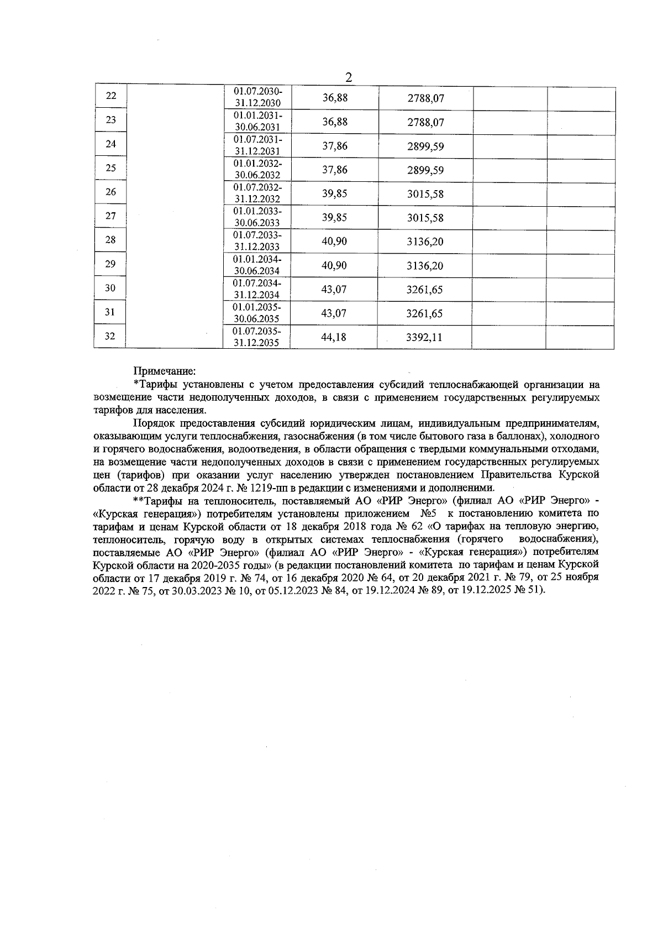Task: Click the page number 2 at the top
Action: click(349, 77)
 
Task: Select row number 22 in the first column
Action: click(111, 96)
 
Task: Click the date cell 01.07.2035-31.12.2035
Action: click(257, 337)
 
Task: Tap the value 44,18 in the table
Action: click(334, 337)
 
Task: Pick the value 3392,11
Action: click(424, 337)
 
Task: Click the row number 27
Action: click(110, 216)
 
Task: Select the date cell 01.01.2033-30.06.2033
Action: click(257, 217)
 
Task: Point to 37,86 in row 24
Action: click(335, 146)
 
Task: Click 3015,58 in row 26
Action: click(425, 194)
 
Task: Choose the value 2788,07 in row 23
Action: click(426, 123)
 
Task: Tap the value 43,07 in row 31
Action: click(334, 313)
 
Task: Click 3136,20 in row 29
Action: click(425, 266)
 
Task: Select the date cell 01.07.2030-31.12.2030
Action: click(258, 97)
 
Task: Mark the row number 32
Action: click(110, 336)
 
